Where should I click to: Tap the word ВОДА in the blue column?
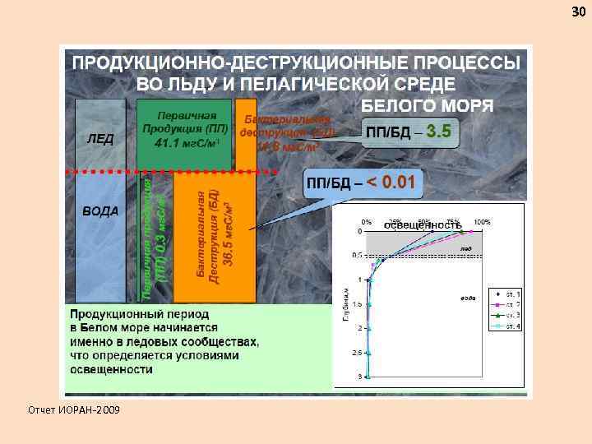pos(100,210)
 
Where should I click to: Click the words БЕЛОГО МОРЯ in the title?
pos(428,104)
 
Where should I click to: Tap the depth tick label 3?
pos(359,377)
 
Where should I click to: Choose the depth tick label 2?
pos(359,328)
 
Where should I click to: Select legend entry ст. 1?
pos(511,293)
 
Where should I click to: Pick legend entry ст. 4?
pos(511,326)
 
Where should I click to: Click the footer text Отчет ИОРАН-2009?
pos(72,409)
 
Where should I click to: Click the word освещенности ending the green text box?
pos(112,370)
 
